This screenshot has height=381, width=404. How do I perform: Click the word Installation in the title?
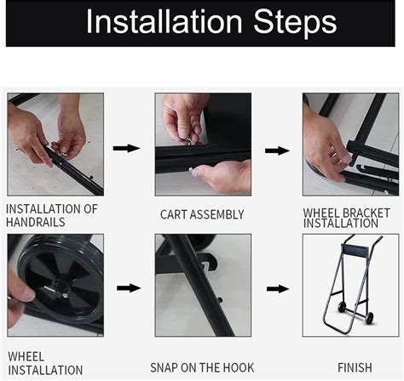164,21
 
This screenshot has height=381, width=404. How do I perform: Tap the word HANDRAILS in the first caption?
36,222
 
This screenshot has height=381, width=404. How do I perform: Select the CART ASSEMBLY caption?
202,214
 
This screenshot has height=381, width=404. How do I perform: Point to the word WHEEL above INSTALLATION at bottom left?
26,356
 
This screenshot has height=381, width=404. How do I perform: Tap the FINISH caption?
355,367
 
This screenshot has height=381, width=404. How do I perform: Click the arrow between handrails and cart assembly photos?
126,148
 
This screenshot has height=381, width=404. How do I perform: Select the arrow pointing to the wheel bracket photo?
277,151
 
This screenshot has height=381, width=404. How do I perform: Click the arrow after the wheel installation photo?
129,288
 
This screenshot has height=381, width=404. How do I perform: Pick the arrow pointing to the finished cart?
278,289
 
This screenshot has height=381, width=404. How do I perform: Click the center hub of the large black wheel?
61,287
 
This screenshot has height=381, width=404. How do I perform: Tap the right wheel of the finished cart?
370,318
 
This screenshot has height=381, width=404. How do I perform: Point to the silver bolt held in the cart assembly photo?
187,140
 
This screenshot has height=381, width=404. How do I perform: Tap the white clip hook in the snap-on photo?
205,266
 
